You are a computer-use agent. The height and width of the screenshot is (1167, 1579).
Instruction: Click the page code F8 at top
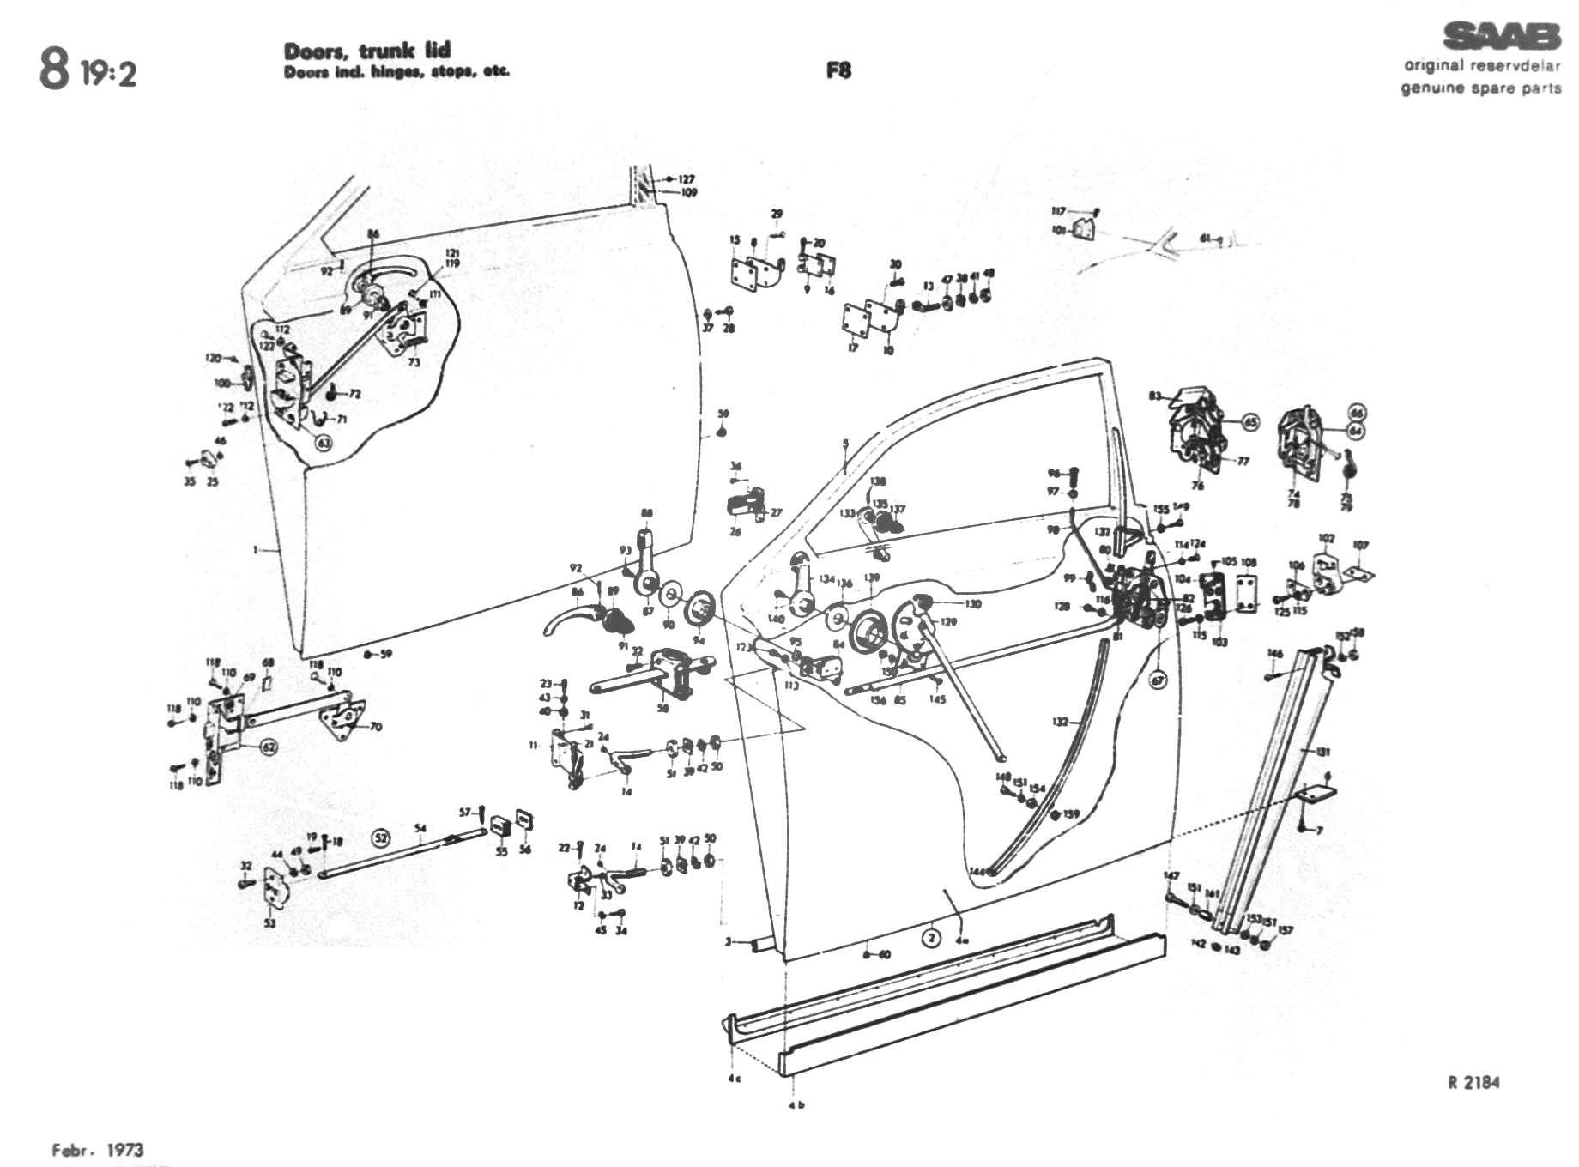838,70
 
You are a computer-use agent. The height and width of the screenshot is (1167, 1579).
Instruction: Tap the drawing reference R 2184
1473,1082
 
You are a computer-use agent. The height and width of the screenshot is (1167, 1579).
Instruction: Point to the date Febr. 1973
98,1149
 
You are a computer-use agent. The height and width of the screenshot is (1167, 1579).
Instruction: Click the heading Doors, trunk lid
367,51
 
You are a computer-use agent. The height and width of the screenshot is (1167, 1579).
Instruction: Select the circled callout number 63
324,443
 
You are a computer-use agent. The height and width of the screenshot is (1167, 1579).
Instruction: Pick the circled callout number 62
269,747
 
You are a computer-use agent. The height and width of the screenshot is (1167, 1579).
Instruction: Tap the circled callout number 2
932,937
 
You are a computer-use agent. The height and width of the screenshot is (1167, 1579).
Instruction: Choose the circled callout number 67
1159,680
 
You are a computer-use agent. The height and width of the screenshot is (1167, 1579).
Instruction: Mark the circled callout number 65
1250,422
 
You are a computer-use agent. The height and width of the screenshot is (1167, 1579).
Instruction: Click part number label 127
687,179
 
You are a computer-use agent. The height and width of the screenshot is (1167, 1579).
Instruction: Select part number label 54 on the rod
420,828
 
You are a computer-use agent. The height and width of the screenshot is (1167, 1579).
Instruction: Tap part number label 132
1061,722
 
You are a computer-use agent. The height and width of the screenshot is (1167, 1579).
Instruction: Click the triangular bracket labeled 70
346,719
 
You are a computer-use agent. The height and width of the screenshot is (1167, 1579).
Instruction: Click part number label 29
777,214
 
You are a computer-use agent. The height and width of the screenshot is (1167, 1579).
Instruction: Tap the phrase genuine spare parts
1481,88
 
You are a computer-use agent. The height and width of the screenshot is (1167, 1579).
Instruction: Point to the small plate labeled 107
1358,571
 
